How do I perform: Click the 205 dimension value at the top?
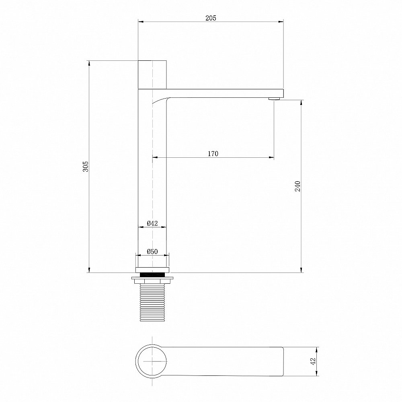pyautogui.click(x=211, y=18)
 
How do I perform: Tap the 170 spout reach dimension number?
pyautogui.click(x=213, y=153)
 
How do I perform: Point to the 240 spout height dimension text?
pyautogui.click(x=297, y=186)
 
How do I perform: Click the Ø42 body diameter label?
pyautogui.click(x=152, y=223)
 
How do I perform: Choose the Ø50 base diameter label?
pyautogui.click(x=152, y=252)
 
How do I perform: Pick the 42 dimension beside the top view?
pyautogui.click(x=313, y=361)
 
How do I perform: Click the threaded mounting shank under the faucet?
pyautogui.click(x=152, y=302)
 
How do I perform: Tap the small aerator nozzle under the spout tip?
pyautogui.click(x=274, y=99)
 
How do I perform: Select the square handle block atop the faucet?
pyautogui.click(x=152, y=75)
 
